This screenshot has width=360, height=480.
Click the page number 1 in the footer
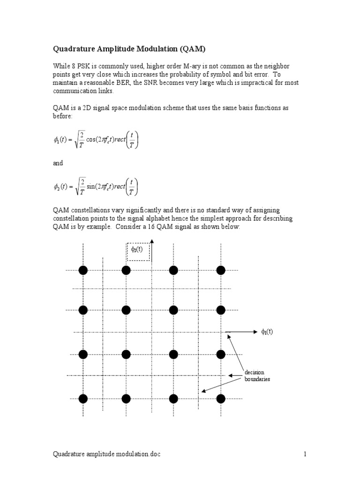click(304, 454)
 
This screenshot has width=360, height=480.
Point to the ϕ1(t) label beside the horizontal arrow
click(267, 332)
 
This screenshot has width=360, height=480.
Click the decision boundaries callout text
click(257, 375)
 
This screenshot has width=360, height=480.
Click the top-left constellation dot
click(83, 270)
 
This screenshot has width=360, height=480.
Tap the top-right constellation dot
click(221, 270)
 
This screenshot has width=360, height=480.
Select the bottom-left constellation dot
click(83, 398)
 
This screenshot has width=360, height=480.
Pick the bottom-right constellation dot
click(221, 398)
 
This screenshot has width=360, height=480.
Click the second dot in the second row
click(126, 310)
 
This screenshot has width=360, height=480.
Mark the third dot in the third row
click(173, 354)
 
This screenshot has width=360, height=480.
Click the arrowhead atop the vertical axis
click(152, 242)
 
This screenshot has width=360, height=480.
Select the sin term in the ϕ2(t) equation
click(93, 187)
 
